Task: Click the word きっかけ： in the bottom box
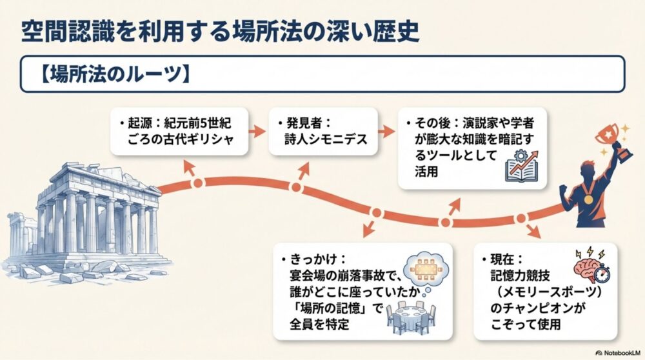pos(313,259)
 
